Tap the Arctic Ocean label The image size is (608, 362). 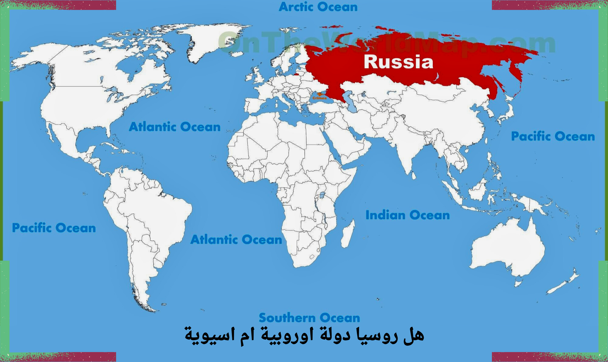pos(318,7)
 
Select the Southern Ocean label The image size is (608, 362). pos(309,318)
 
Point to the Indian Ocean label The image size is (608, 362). pos(407,215)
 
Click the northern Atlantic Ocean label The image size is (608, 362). pos(174,127)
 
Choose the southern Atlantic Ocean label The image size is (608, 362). pos(236,240)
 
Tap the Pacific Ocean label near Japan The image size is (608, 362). pos(553,137)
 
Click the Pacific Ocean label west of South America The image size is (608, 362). pos(54,228)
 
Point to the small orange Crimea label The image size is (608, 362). pos(319,98)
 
